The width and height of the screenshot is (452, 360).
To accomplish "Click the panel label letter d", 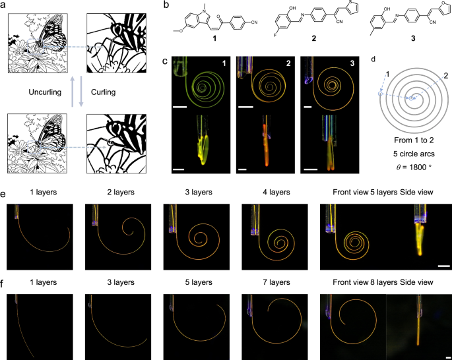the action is (x=373, y=59).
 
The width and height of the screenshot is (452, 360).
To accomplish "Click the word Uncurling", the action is (x=45, y=92).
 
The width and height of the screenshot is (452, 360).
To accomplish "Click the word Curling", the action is (x=103, y=92).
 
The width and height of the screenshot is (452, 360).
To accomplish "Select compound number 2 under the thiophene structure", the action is (x=314, y=38).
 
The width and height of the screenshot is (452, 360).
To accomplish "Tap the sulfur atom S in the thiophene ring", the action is (x=349, y=3).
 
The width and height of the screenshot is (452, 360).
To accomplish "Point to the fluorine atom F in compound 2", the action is (x=275, y=36).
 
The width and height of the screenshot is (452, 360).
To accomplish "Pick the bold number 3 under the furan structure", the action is (x=413, y=38).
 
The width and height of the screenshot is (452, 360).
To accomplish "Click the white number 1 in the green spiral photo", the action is (x=224, y=63).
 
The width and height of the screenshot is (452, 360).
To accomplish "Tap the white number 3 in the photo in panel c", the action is (x=352, y=63).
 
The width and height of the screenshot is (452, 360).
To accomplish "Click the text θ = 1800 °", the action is (x=414, y=167).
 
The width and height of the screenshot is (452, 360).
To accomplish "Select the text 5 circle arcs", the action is (x=414, y=154).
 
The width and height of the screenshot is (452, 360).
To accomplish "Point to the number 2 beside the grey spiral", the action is (x=445, y=76).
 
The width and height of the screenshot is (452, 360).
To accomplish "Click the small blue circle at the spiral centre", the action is (x=411, y=98).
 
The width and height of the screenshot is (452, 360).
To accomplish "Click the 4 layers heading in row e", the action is (x=276, y=192).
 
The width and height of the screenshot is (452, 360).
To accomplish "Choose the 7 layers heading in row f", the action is (x=276, y=282).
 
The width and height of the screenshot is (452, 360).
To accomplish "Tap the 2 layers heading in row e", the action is (x=121, y=192).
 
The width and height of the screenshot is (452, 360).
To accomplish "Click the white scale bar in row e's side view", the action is (x=444, y=266).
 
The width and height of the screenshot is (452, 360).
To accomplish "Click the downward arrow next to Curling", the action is (x=81, y=91).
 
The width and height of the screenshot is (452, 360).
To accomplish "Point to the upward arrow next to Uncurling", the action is (x=73, y=91).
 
